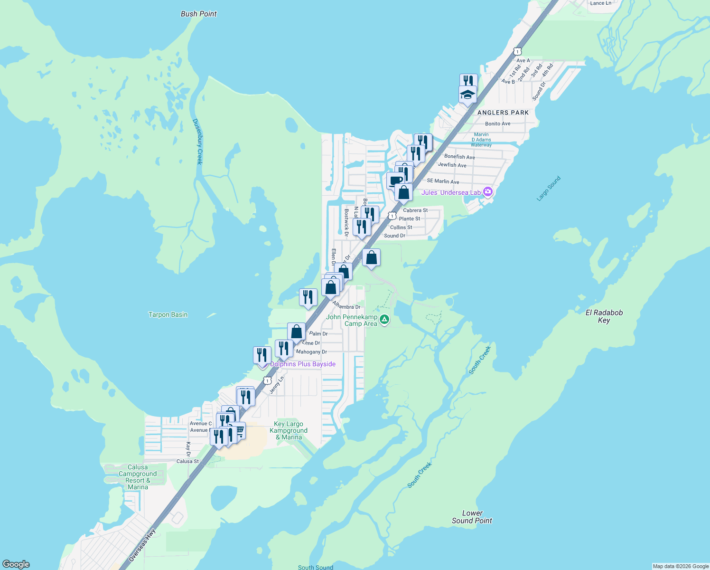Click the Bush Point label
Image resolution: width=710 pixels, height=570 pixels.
click(198, 14)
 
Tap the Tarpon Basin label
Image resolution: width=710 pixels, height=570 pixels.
click(168, 314)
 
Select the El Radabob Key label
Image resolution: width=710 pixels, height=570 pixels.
click(604, 316)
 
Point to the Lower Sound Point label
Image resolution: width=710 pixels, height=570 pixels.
click(472, 517)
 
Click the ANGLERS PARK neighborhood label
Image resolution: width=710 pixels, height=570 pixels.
click(503, 113)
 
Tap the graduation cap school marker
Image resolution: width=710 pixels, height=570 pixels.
click(467, 94)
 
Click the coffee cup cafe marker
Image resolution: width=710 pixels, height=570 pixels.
click(395, 180)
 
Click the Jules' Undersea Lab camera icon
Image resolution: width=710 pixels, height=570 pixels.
click(487, 192)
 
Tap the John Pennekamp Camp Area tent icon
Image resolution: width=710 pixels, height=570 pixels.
click(385, 320)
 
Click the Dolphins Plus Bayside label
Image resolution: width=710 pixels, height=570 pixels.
click(303, 364)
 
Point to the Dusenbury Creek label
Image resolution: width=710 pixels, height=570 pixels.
click(197, 142)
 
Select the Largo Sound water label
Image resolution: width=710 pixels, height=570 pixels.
click(549, 189)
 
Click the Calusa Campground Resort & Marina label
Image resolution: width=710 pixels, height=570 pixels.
click(138, 477)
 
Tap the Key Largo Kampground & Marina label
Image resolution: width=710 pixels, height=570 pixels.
click(289, 430)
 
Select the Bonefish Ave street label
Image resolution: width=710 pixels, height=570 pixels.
click(459, 157)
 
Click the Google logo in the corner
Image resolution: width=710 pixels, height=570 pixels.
click(16, 564)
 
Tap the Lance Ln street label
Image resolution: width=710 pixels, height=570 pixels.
click(600, 3)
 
